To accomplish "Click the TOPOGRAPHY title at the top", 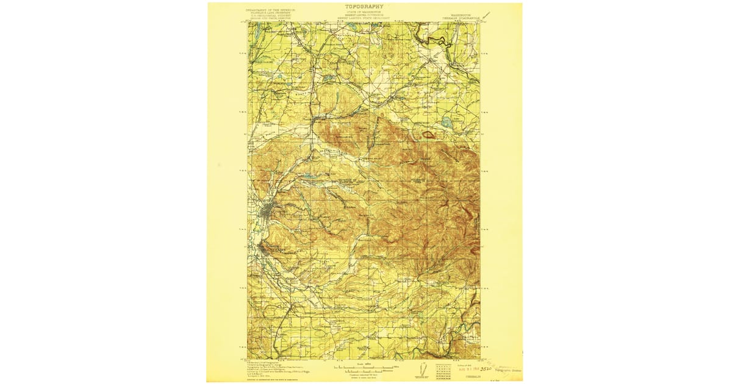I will point(364,7).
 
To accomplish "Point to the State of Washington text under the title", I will point(364,12).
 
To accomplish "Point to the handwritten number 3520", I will point(486,369).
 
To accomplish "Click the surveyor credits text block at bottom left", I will point(274,368).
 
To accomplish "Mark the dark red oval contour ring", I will point(430,133).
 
